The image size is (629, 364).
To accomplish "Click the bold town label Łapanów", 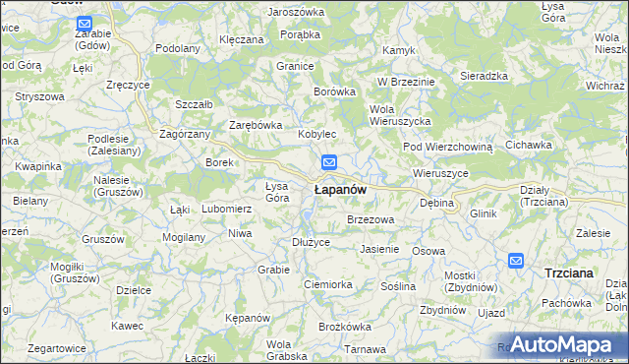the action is [x=340, y=189].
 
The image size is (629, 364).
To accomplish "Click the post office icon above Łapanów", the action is [x=329, y=162].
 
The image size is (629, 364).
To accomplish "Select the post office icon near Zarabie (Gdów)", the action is [x=85, y=23].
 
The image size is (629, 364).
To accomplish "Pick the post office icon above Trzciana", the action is [x=516, y=260].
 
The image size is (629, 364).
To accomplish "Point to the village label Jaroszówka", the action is [x=295, y=12].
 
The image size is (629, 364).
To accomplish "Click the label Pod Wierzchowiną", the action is [x=447, y=147].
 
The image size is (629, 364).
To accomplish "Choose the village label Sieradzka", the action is [x=484, y=75].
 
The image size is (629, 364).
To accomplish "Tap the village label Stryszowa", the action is [x=39, y=97].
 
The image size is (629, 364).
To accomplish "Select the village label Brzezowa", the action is [x=371, y=219].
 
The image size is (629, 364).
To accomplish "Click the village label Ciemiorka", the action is [x=328, y=284].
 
